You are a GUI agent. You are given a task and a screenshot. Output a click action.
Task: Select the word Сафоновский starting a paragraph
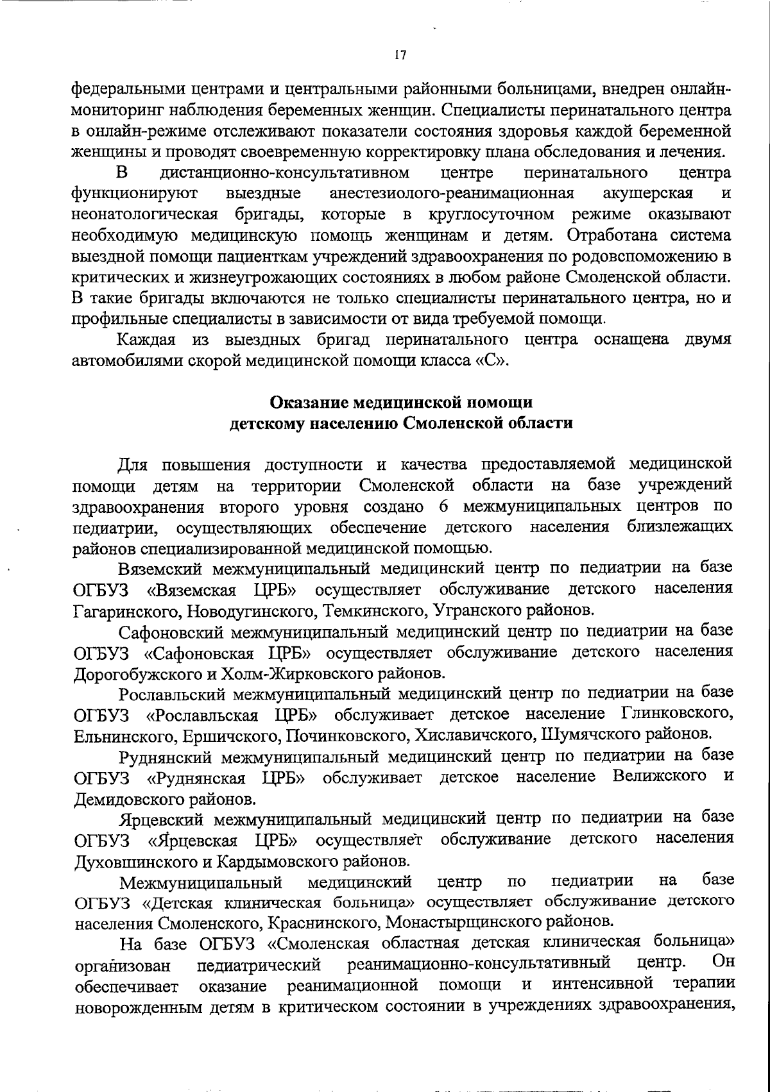point(171,632)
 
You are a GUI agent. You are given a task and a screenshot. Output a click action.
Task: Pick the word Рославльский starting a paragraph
point(171,694)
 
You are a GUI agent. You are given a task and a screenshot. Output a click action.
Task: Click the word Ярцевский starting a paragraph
point(162,819)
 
